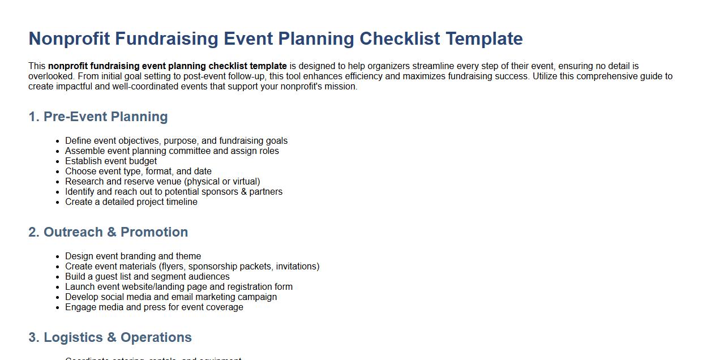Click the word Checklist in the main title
[399, 38]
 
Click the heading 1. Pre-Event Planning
[98, 117]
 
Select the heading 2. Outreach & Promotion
[108, 232]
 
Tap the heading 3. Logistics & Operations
[110, 337]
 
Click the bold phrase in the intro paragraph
[167, 66]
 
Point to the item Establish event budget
[111, 161]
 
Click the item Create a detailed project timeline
[131, 202]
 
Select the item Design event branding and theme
[133, 256]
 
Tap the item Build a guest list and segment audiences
[147, 277]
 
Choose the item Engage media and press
[154, 307]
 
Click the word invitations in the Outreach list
[296, 267]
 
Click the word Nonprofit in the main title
[69, 38]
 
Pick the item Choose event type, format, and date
[138, 172]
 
